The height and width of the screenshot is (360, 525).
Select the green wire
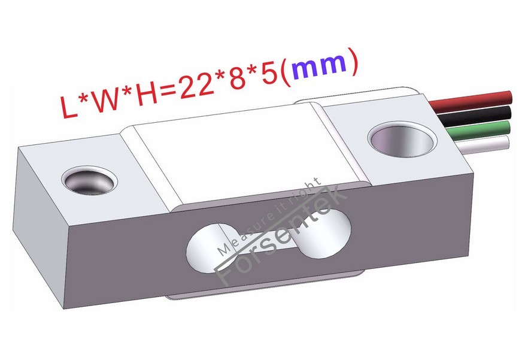[x=479, y=127]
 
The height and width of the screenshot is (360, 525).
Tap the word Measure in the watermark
[x=239, y=236]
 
